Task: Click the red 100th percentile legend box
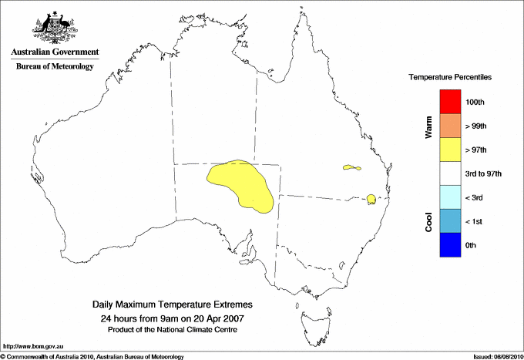pos(451,102)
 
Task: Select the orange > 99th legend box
pos(451,126)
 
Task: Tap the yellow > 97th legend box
pos(451,150)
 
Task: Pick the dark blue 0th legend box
pos(451,245)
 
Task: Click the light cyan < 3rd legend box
pos(451,197)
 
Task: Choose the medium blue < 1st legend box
pos(451,221)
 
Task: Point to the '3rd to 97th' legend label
pos(484,174)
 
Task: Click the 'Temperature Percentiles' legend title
pos(450,78)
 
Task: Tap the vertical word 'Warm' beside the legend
pos(428,126)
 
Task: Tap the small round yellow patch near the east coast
pos(371,200)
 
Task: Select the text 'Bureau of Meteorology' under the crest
pos(55,66)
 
